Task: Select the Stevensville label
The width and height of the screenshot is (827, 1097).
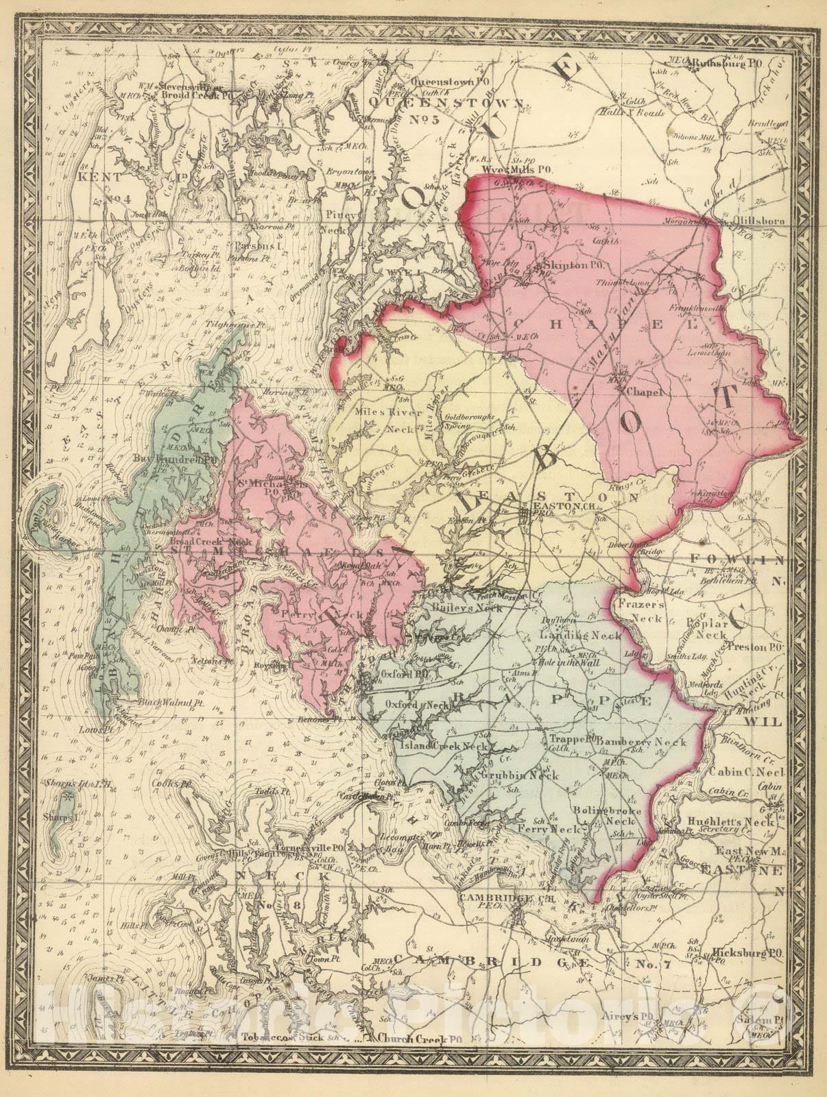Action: tap(189, 87)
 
